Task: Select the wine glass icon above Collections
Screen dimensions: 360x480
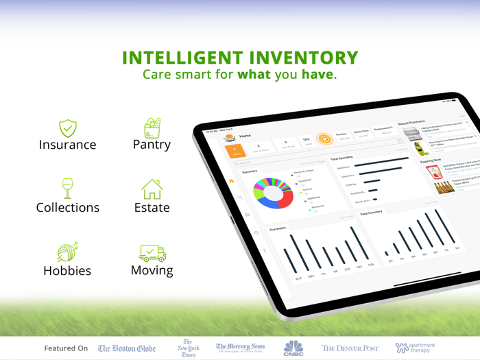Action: (x=67, y=189)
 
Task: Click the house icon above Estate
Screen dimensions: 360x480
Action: (x=152, y=189)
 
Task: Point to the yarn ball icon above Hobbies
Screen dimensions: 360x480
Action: (x=67, y=251)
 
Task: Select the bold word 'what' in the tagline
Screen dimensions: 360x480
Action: (x=254, y=74)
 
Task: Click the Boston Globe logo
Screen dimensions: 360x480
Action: (x=127, y=348)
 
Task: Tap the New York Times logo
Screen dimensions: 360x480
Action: (x=187, y=348)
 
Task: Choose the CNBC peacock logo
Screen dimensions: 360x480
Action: (x=293, y=348)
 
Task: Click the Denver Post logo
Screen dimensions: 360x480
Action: (x=350, y=348)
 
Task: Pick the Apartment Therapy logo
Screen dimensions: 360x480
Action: (x=415, y=348)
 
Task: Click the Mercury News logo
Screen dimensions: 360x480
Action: (x=240, y=348)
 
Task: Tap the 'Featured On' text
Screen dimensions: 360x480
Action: (x=66, y=348)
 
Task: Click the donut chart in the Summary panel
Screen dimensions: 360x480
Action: (x=274, y=195)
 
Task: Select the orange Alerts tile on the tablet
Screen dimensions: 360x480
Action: (x=237, y=150)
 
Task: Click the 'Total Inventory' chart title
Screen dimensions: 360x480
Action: (x=371, y=213)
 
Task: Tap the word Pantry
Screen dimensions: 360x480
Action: (x=152, y=145)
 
